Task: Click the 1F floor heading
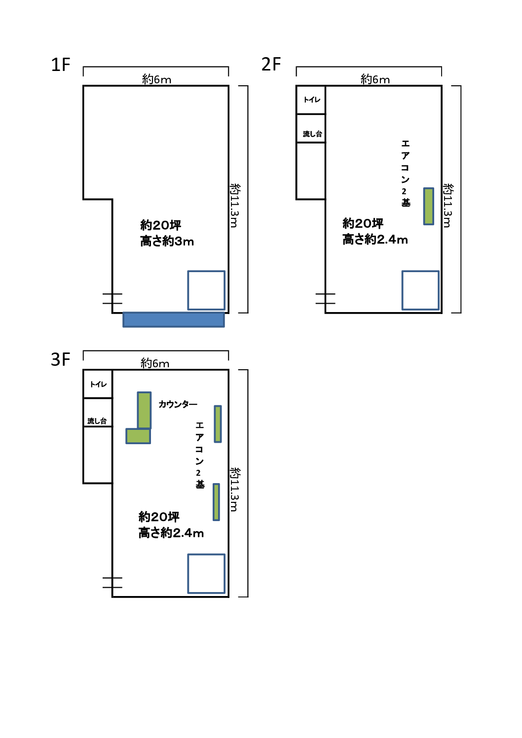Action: tap(61, 65)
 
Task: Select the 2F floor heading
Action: tap(271, 64)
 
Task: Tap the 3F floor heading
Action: tap(61, 359)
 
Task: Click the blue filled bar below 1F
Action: tap(174, 319)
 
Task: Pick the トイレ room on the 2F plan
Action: tap(311, 100)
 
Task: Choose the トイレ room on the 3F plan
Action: tap(98, 384)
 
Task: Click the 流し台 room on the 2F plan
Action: tap(311, 129)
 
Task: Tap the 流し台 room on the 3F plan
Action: tap(98, 413)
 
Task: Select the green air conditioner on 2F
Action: tap(429, 206)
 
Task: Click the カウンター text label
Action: tap(178, 404)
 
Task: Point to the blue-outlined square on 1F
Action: tap(206, 290)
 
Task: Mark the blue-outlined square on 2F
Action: tap(420, 290)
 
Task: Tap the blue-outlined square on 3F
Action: tap(206, 574)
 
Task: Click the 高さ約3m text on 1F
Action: tap(167, 242)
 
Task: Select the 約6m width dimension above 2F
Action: tap(375, 79)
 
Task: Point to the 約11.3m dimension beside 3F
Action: tap(234, 489)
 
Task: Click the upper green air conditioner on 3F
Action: tap(218, 424)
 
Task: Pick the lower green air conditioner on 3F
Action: tap(216, 502)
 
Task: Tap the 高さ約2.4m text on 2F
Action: tap(375, 240)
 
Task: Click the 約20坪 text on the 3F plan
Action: tap(159, 517)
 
